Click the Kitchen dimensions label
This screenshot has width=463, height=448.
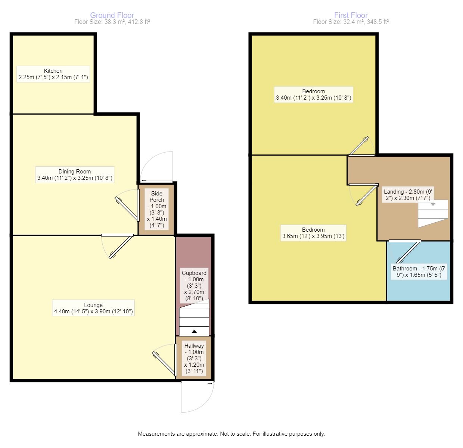[53, 74]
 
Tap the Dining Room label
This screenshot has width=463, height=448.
[75, 175]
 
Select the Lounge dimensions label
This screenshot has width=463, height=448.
[93, 308]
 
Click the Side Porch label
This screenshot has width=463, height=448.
[157, 209]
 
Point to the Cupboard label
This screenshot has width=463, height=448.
[194, 285]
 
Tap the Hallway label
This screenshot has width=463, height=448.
[194, 358]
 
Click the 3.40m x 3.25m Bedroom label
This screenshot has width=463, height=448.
[313, 95]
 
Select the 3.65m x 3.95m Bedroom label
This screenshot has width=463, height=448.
[313, 233]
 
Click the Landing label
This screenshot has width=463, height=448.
[408, 195]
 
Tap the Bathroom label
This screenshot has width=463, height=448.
[419, 272]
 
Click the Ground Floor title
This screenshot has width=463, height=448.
[112, 15]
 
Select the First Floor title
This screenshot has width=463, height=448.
[351, 15]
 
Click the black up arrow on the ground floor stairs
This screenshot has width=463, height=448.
[194, 331]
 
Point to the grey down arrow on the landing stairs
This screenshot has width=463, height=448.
[433, 204]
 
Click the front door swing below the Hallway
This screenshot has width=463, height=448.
[197, 397]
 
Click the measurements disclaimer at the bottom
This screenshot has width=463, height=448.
[231, 434]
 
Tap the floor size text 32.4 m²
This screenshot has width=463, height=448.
[351, 22]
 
